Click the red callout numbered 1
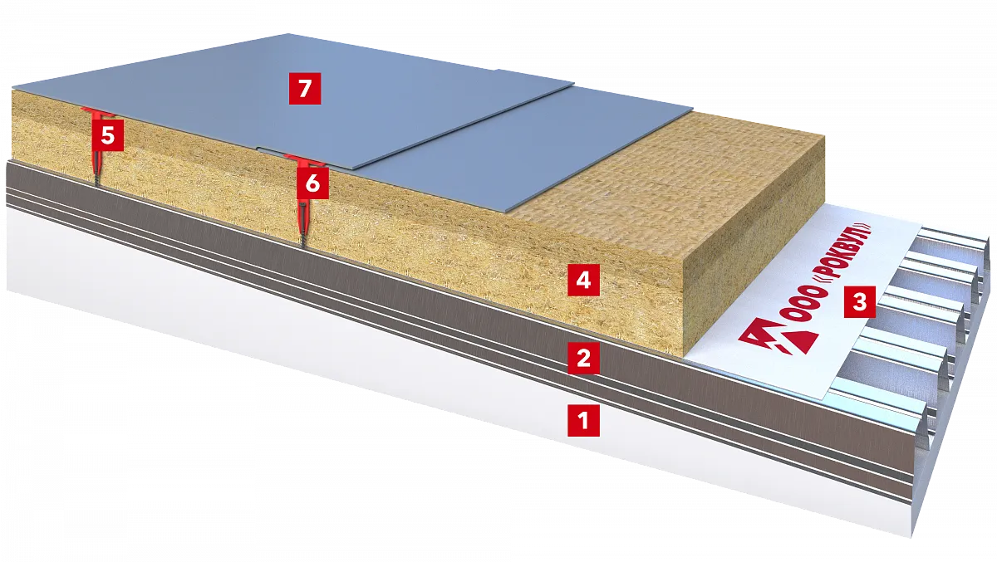coord(583,420)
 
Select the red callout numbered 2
coord(583,358)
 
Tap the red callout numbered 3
coord(859,302)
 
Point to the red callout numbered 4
coord(583,280)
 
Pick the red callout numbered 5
coord(108,135)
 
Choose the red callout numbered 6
coord(313,183)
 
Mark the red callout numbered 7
coord(305,89)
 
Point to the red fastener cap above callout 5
coord(96,110)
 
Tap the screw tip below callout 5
coord(96,183)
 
